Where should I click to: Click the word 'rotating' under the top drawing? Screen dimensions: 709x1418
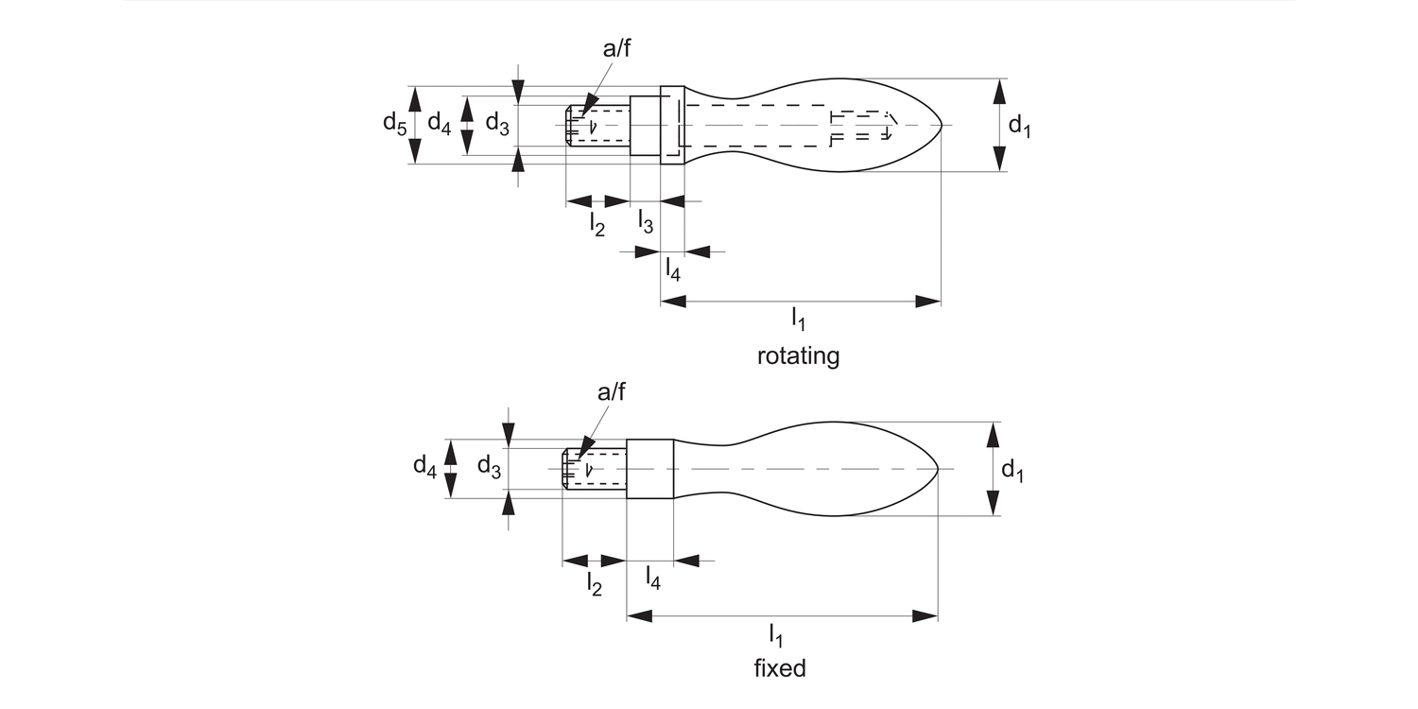798,356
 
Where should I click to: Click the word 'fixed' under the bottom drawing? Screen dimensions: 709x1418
780,668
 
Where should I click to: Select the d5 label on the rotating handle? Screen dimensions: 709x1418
394,123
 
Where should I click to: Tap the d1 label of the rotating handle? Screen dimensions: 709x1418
1019,125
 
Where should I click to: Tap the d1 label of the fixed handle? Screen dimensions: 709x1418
1012,469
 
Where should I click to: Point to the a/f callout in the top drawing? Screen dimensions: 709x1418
616,49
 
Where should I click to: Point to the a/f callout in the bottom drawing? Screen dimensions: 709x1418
611,392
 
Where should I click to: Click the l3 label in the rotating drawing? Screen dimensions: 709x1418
645,223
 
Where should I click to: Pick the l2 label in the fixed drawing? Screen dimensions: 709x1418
594,583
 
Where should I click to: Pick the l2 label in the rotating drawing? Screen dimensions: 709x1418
597,224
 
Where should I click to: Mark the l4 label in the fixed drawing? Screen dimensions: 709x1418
652,577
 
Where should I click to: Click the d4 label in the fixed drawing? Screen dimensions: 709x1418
424,466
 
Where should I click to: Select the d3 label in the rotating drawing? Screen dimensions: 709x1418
497,123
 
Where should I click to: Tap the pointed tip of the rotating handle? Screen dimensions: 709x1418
942,125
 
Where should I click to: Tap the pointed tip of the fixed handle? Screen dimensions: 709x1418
937,469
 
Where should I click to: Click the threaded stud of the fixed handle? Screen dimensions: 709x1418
595,469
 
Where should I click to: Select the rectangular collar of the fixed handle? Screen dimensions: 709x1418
649,469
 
